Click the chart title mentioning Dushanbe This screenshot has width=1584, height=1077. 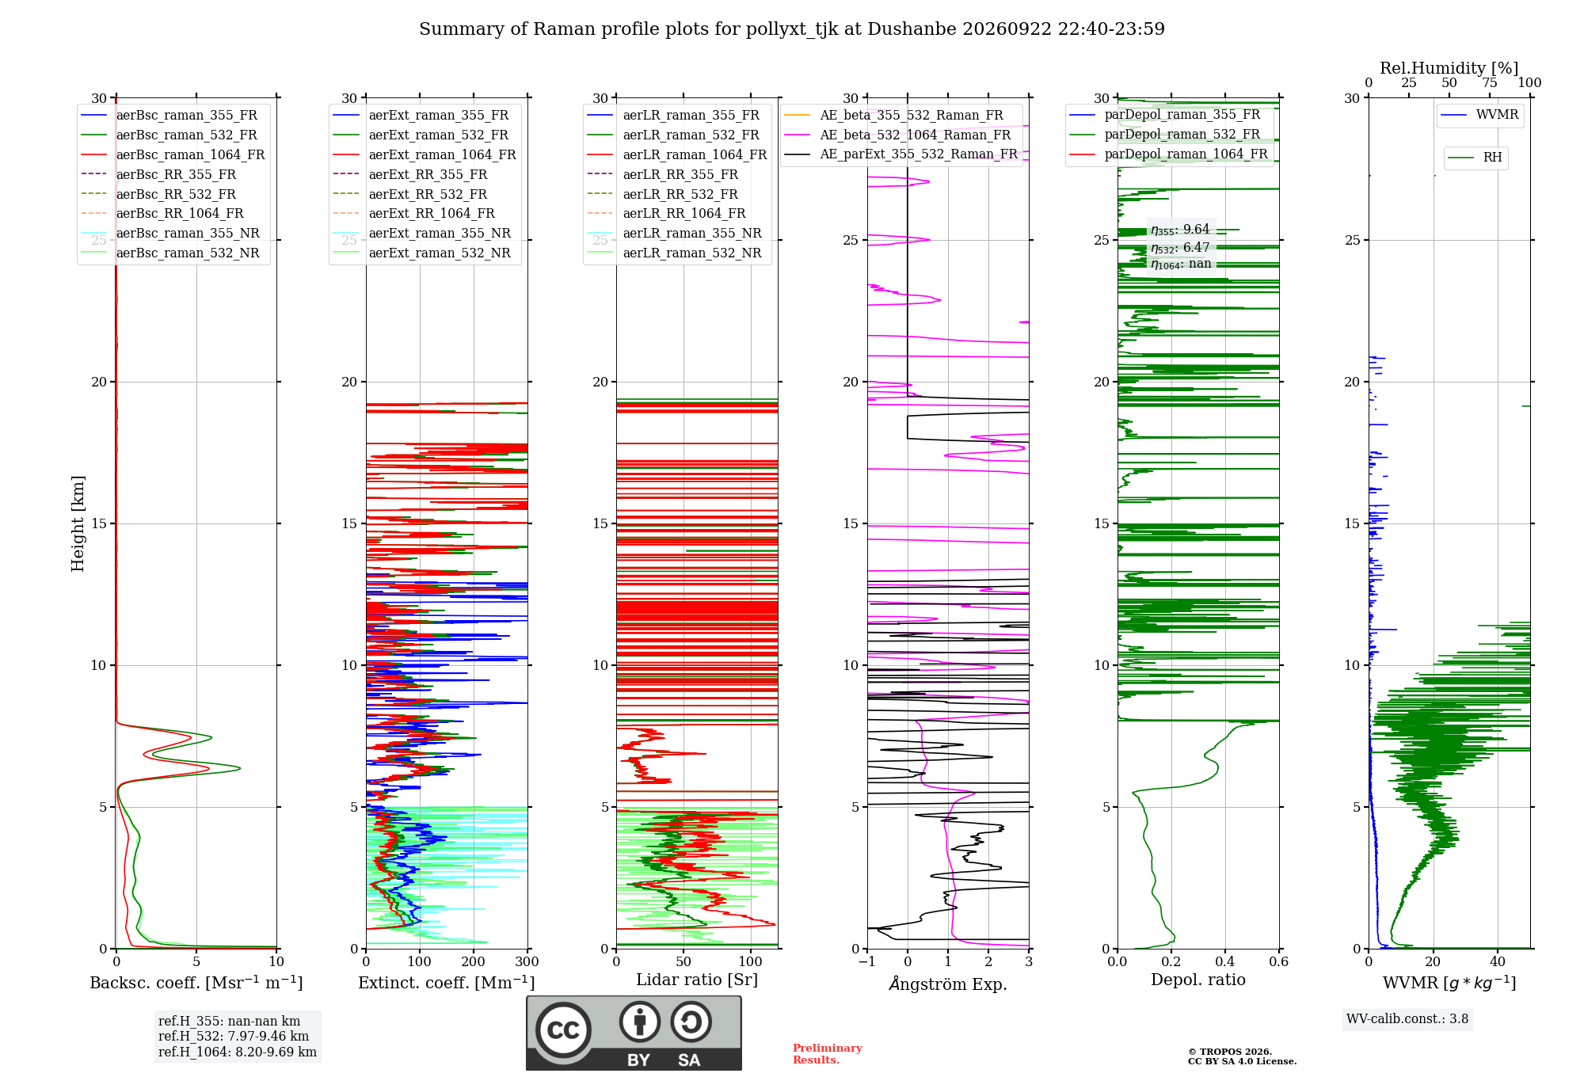pos(792,29)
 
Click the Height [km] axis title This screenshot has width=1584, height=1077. pos(78,523)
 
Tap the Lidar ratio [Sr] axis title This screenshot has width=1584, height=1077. pos(697,980)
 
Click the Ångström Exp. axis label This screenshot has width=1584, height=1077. pos(948,984)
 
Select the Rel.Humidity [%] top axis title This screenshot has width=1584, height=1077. pos(1449,68)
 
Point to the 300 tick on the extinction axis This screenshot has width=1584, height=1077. pos(527,962)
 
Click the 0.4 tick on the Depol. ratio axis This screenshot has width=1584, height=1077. pos(1225,962)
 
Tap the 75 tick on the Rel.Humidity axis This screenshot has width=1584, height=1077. pos(1490,83)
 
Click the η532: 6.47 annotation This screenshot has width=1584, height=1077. pos(1180,247)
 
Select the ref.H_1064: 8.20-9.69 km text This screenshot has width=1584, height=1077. pos(238,1052)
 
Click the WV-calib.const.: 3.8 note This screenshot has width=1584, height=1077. pos(1407,1019)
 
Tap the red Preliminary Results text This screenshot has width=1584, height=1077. pos(828,1054)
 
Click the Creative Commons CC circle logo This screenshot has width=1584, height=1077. pos(564,1030)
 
